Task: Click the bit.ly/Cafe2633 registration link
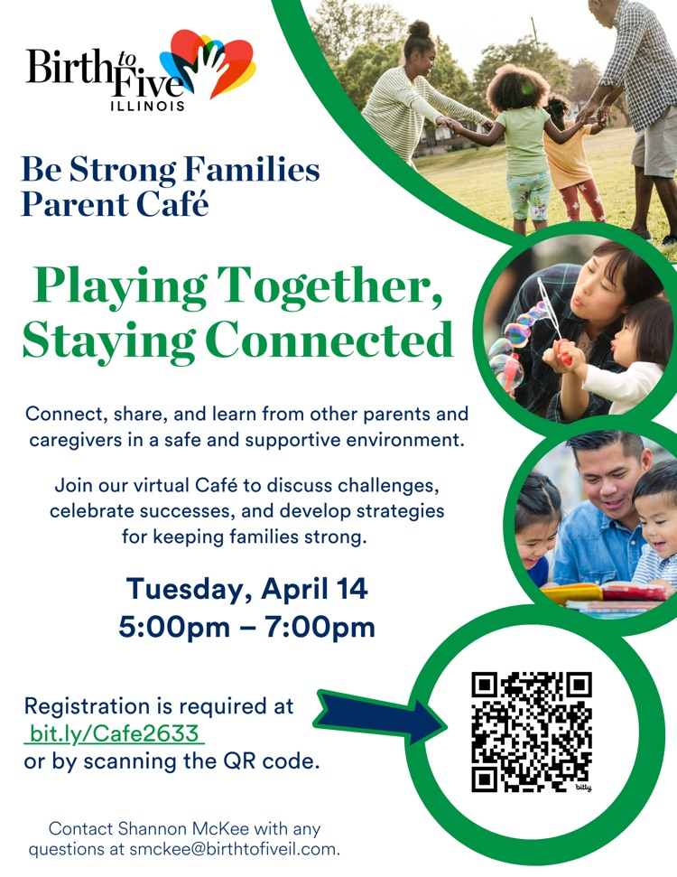click(x=114, y=733)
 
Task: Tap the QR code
click(x=532, y=732)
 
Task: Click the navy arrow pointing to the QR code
click(x=380, y=717)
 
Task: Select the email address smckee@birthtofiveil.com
click(x=234, y=849)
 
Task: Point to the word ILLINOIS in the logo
click(x=148, y=106)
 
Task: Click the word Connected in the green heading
click(x=329, y=340)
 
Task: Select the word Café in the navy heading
click(x=172, y=203)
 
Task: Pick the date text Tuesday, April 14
click(x=247, y=588)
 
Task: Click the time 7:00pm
click(x=320, y=627)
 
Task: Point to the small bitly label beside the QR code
click(x=584, y=788)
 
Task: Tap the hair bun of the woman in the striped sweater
click(x=419, y=28)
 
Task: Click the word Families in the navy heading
click(x=251, y=169)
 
